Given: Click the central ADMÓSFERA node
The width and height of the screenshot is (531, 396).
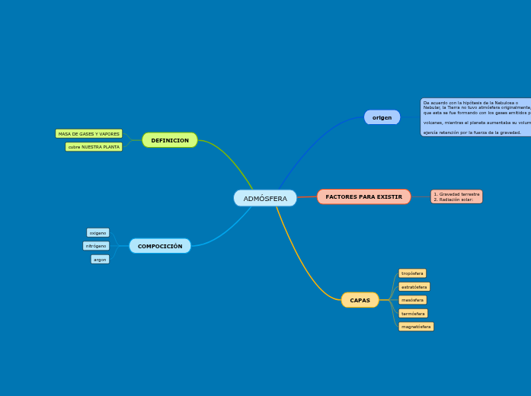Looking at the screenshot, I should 265,198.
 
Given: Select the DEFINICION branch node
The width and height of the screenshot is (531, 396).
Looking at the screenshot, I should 170,140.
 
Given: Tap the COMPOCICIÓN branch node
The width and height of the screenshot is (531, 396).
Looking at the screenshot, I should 160,246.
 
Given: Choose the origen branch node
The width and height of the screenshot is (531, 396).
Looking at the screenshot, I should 382,117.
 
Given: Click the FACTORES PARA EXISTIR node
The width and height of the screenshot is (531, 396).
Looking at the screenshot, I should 363,196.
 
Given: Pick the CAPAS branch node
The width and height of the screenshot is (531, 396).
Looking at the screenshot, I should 360,300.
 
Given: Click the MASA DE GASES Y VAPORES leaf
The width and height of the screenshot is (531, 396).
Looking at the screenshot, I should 88,134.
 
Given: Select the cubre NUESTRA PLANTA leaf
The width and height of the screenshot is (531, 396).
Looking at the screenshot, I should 94,147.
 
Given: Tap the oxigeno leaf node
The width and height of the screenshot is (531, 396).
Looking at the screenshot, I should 98,233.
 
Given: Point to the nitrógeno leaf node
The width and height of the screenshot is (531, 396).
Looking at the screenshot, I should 96,246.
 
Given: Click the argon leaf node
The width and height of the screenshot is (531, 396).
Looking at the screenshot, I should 100,260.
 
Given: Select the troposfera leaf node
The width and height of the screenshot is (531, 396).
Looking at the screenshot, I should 412,273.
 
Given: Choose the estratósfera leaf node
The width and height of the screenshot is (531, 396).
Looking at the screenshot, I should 414,287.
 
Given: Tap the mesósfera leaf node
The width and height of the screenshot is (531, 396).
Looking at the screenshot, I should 412,300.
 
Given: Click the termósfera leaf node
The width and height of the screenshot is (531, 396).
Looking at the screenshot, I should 413,314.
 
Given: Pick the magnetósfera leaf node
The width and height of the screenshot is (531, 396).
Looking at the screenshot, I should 416,327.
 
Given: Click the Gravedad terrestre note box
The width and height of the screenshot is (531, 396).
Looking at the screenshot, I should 456,196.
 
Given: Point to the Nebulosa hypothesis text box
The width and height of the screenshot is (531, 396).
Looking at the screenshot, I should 475,117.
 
